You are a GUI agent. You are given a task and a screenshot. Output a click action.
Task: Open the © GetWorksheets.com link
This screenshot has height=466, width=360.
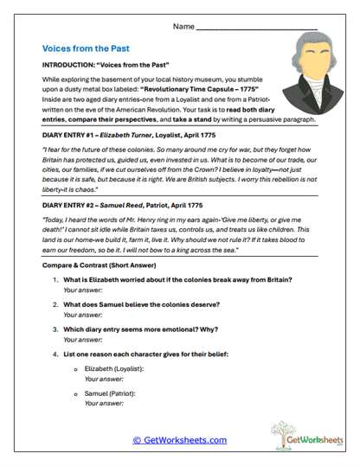point(180,440)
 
